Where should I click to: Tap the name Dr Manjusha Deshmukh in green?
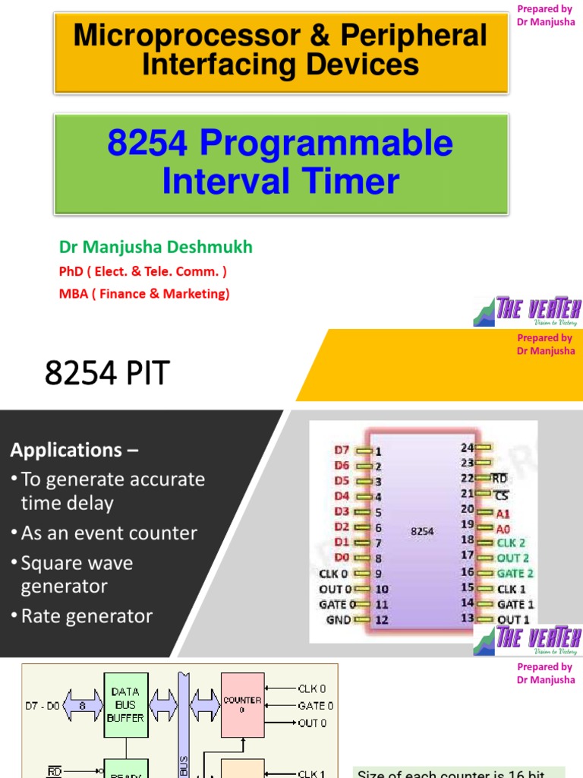[156, 247]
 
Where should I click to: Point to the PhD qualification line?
[143, 271]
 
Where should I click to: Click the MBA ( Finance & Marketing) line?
[144, 293]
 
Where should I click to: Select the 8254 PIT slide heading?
[108, 374]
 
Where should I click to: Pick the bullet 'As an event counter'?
[109, 533]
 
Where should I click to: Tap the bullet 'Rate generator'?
[87, 616]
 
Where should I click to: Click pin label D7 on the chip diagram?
[342, 451]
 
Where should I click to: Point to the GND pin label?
[339, 620]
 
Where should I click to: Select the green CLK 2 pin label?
[511, 543]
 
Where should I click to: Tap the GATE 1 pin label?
[515, 605]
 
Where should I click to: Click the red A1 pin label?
[503, 514]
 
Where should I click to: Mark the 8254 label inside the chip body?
[422, 532]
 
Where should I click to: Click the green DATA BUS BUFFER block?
[125, 705]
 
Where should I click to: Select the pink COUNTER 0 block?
[243, 705]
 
